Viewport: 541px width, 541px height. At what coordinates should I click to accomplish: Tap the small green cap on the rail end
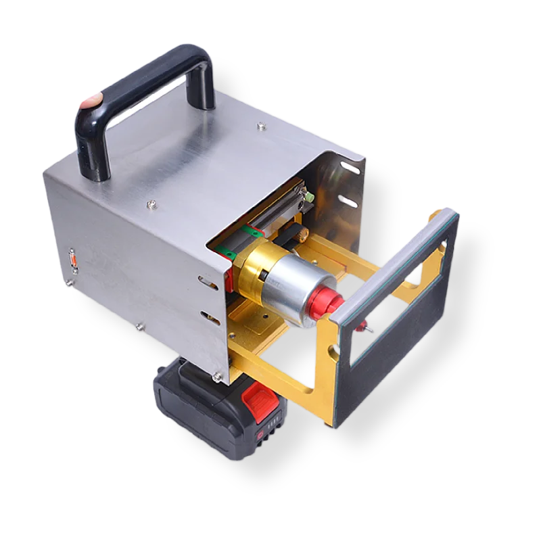(308, 197)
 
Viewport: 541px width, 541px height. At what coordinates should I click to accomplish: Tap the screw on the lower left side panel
(139, 327)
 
